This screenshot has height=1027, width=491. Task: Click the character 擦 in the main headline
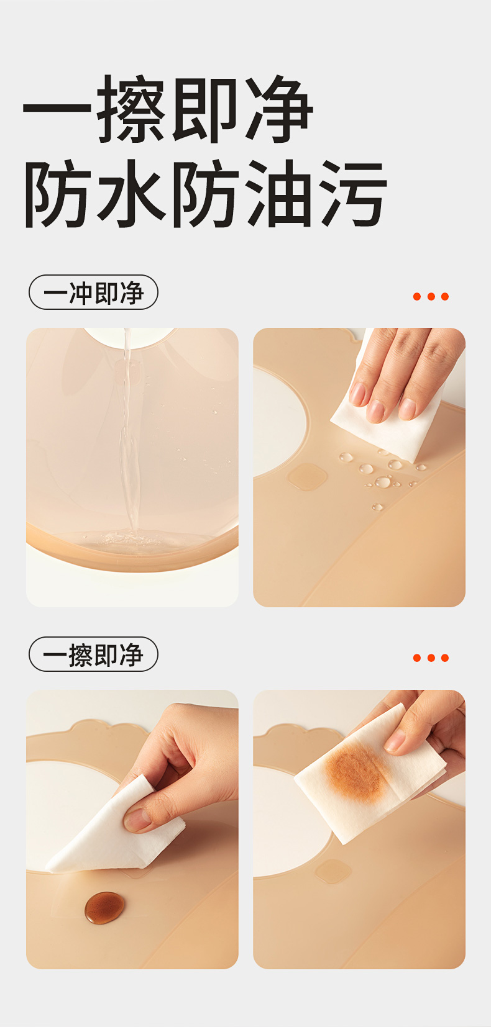tap(131, 109)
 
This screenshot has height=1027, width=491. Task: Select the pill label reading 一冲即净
tap(93, 292)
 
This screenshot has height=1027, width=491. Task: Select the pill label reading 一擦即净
tap(93, 654)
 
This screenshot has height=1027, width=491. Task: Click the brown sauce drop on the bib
tap(104, 907)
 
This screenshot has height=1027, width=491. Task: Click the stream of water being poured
tap(129, 431)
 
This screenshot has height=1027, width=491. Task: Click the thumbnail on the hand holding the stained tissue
tap(395, 741)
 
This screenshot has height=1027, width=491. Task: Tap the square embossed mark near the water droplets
tap(308, 476)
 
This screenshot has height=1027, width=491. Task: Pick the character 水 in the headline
tap(131, 194)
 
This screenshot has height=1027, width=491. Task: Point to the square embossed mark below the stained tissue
tap(333, 871)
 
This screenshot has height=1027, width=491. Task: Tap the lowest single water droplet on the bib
tap(377, 507)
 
